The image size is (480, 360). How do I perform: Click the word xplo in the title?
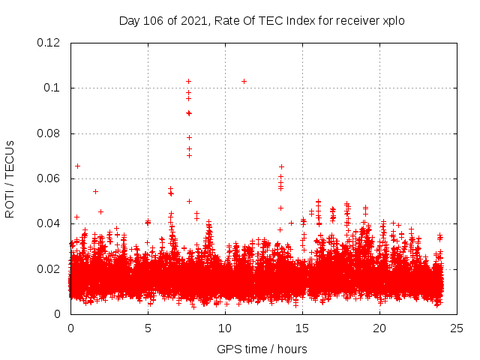(394, 21)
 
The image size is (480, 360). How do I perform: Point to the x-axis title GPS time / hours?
(262, 349)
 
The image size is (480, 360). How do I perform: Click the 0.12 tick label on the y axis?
(49, 43)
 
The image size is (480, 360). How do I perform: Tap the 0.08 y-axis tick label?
(49, 133)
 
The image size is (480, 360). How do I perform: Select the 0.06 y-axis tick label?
(49, 178)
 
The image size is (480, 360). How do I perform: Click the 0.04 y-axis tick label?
(49, 223)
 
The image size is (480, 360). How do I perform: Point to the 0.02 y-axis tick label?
(49, 268)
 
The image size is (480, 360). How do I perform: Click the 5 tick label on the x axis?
(148, 328)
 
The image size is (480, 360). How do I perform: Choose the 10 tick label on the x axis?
(225, 328)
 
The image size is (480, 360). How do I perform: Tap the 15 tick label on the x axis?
(302, 328)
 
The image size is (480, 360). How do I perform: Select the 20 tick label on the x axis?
(379, 328)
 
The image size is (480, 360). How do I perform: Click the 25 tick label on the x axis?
(457, 328)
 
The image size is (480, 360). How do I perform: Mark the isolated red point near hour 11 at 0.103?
(244, 81)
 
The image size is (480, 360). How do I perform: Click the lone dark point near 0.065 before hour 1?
(77, 166)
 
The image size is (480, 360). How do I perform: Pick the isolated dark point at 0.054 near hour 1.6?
(95, 191)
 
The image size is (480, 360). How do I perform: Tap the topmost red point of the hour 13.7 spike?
(281, 166)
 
